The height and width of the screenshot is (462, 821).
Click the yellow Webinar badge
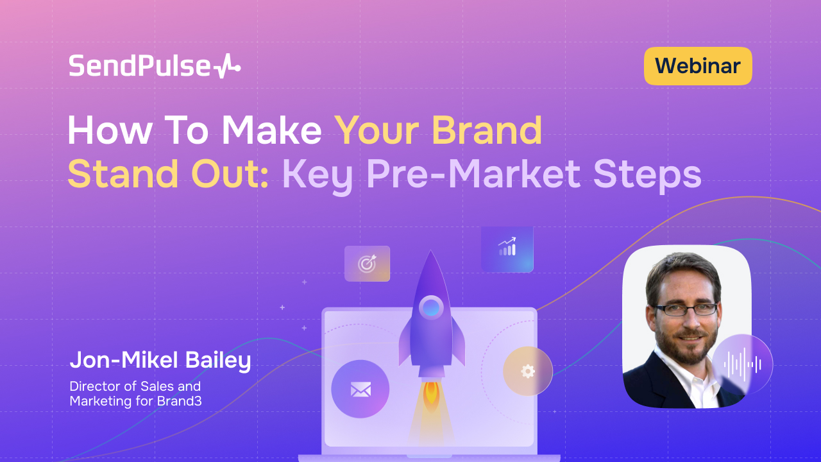(698, 66)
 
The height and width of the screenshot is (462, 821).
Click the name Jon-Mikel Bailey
(160, 361)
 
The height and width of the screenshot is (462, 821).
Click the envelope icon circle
(360, 389)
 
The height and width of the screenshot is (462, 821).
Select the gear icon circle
(527, 371)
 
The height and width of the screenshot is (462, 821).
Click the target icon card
(367, 263)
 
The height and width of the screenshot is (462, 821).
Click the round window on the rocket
(431, 307)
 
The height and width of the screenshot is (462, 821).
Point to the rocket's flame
(431, 395)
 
